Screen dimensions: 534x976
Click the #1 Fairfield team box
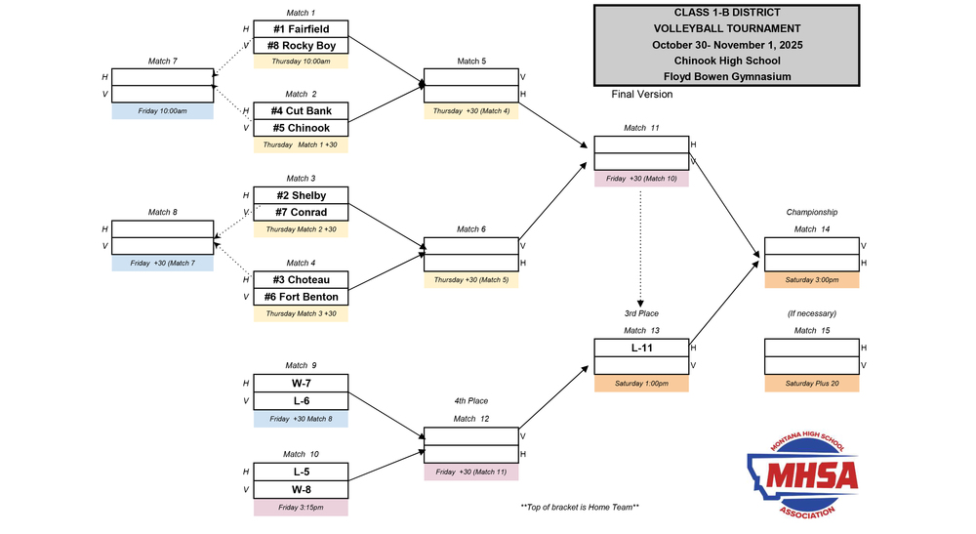click(301, 29)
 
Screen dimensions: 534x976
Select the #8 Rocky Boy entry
click(301, 46)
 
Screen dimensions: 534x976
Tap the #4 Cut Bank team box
click(301, 111)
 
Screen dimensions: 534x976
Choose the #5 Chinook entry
click(301, 128)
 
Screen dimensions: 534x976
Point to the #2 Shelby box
click(301, 195)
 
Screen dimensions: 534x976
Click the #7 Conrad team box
click(301, 212)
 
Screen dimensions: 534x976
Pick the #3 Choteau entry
click(301, 279)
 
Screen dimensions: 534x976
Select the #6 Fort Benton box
click(301, 296)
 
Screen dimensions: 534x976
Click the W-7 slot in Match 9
click(301, 383)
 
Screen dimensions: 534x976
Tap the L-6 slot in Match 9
click(301, 400)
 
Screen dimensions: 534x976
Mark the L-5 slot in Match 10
click(301, 472)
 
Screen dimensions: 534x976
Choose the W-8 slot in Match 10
click(301, 489)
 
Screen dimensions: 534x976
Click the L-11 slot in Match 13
click(641, 348)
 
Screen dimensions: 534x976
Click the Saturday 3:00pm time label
click(811, 280)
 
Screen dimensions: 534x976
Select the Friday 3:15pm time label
click(301, 508)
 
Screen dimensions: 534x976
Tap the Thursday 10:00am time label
click(301, 62)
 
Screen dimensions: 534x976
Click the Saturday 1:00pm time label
click(641, 384)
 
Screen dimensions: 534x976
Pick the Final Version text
click(641, 95)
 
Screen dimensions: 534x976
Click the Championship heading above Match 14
click(812, 212)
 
